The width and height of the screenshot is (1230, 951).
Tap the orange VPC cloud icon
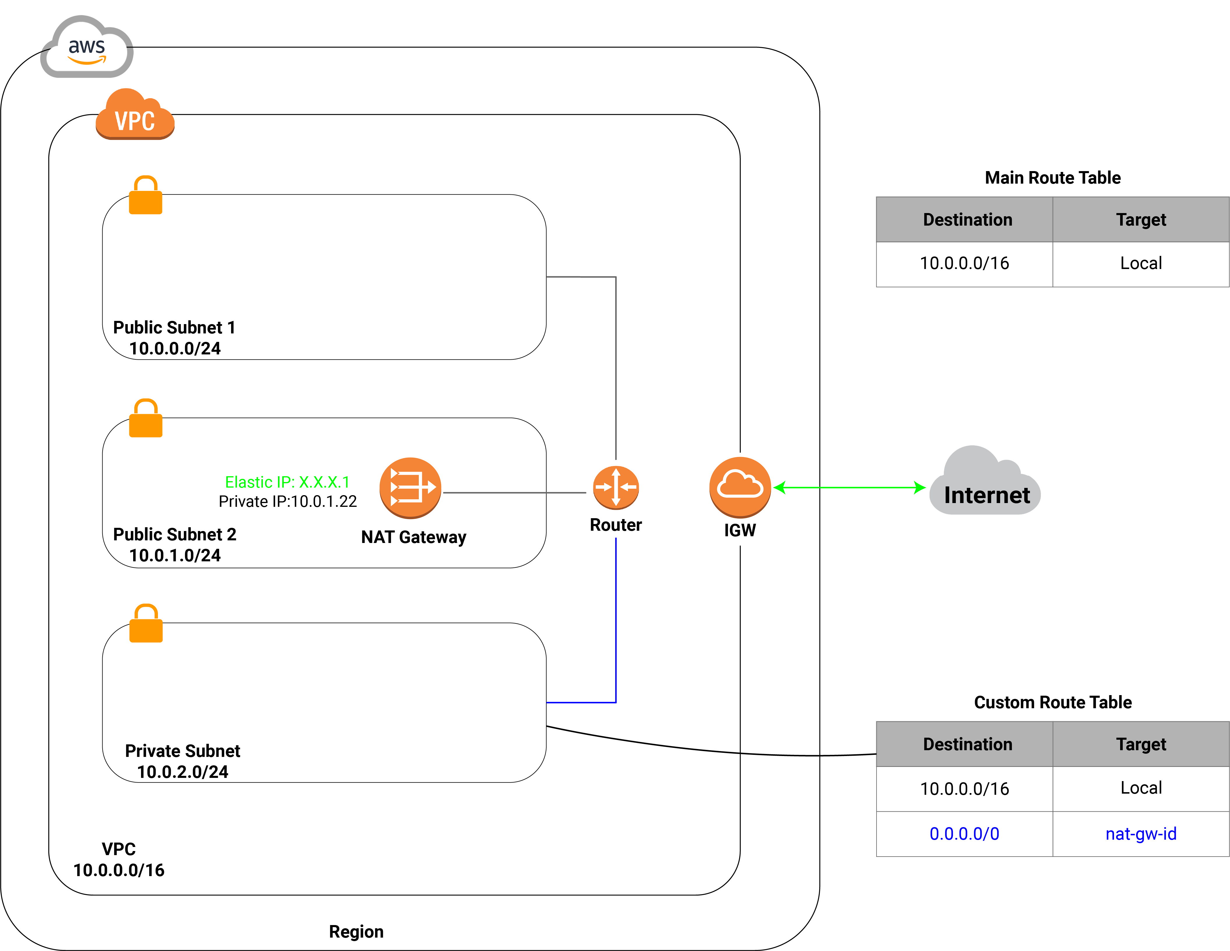135,114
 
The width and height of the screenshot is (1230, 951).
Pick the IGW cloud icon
740,487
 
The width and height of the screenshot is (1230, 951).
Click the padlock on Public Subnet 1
146,195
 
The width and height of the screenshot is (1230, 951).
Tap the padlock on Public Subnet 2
146,418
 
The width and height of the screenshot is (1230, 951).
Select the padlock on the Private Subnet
146,623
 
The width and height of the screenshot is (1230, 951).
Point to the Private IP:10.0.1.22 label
288,501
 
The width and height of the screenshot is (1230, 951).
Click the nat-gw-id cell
1141,834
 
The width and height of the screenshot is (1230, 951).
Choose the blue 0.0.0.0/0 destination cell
965,834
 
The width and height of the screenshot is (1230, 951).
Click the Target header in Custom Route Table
1141,744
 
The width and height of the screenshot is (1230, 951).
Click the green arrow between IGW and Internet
850,487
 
